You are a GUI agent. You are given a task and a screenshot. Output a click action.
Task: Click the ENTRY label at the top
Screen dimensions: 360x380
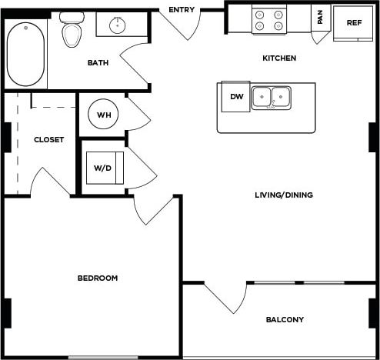[181, 9]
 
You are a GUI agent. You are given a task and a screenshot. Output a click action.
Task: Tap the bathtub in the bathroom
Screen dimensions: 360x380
[27, 54]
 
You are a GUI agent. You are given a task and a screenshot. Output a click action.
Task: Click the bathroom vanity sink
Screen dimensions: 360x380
[118, 25]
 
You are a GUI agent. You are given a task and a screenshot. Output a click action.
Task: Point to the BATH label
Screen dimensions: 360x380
[98, 62]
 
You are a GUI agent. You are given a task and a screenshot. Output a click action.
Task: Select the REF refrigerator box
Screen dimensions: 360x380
[353, 23]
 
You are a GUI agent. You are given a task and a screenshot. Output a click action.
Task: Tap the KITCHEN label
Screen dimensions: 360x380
[279, 58]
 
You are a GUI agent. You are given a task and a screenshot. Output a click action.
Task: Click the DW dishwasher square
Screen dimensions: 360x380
[235, 96]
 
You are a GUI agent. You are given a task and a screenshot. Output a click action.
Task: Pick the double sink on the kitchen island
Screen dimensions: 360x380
[271, 97]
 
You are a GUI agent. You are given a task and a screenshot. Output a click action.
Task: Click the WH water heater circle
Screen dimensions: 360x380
[103, 115]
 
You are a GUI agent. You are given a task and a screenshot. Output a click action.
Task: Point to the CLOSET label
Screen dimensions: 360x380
[48, 139]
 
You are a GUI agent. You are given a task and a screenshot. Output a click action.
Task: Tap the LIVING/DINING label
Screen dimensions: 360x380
[284, 195]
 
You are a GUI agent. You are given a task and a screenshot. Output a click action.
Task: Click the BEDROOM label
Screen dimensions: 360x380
[98, 278]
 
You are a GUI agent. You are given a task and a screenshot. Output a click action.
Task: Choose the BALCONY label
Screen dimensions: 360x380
[285, 319]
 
